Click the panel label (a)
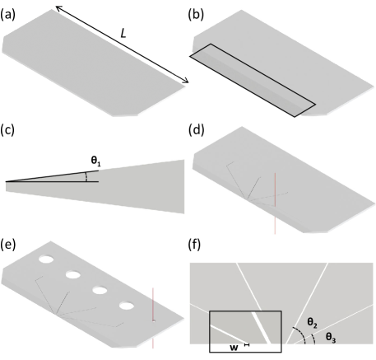pos(7,15)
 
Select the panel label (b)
pos(196,15)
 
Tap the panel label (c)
pos(7,129)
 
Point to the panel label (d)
pos(197,129)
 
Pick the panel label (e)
pos(8,245)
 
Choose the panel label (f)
pos(194,245)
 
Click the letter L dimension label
pos(123,34)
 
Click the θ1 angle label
pos(95,161)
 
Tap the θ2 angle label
pos(312,322)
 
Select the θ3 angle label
pos(331,337)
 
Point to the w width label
pos(234,348)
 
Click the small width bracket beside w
pos(247,344)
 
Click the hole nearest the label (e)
pos(46,259)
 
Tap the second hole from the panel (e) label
pos(73,274)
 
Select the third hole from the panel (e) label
pos(100,290)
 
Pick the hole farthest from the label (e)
pos(126,306)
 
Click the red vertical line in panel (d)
pos(275,203)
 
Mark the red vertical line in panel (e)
pos(153,318)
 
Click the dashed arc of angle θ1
pos(86,177)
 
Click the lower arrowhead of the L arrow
pos(186,81)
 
